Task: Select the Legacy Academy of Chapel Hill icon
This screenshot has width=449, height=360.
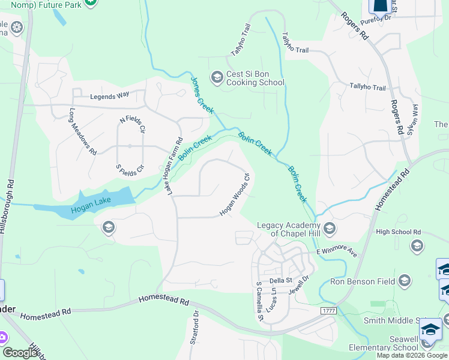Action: click(x=329, y=228)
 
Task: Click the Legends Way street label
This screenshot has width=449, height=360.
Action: click(x=110, y=96)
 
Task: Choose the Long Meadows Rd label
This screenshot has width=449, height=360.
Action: click(x=83, y=132)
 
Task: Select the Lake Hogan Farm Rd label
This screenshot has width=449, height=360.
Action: click(x=174, y=166)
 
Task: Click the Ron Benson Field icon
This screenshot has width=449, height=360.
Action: click(x=404, y=281)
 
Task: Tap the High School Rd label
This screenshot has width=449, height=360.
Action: click(x=398, y=232)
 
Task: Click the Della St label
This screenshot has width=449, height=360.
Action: click(x=280, y=280)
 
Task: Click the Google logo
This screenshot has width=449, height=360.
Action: click(x=20, y=353)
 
